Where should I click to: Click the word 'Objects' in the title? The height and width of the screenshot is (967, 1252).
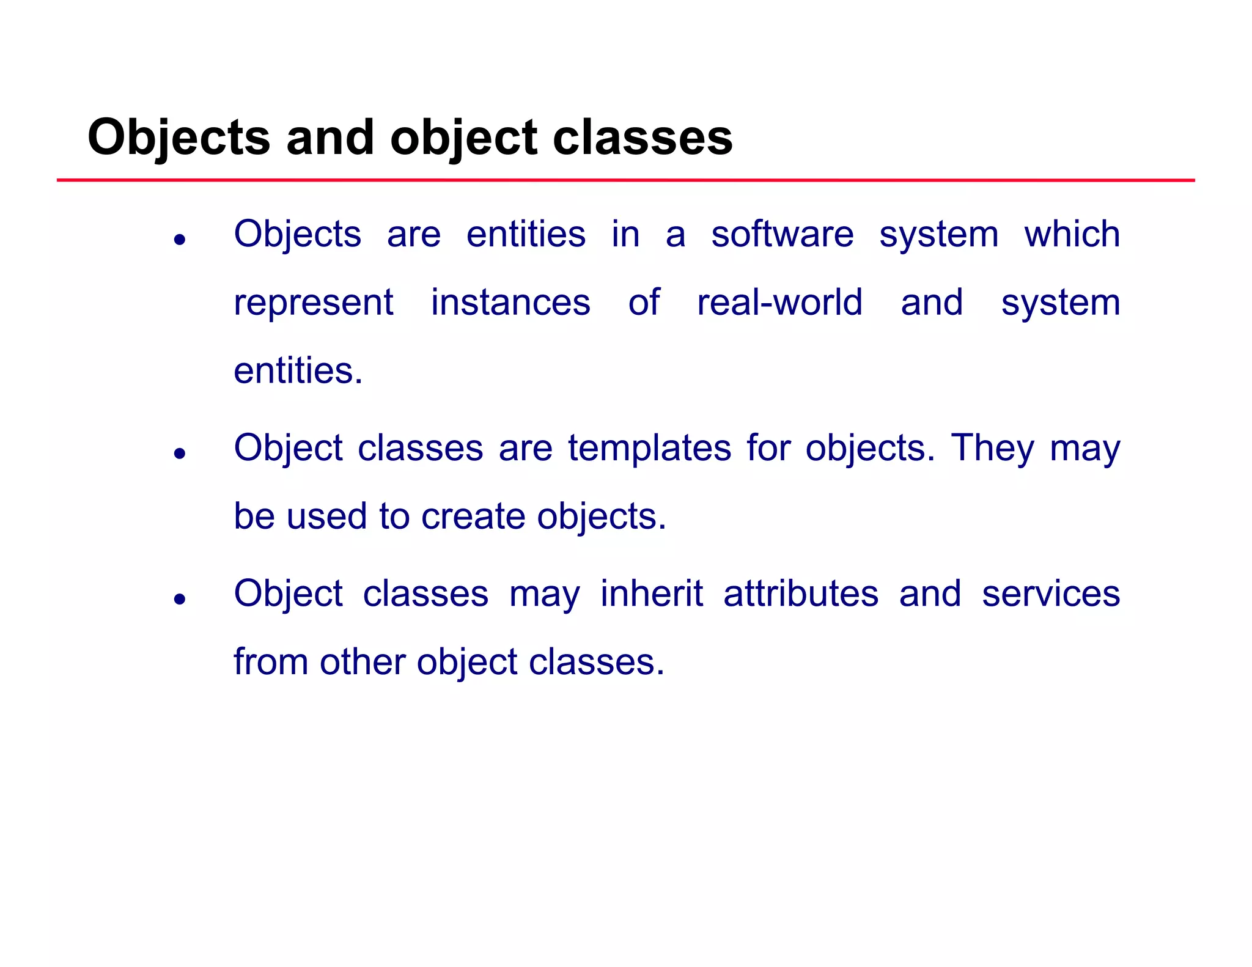click(179, 138)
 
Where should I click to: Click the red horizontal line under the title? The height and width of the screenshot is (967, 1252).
click(626, 180)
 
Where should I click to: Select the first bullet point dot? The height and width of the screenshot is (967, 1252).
click(179, 240)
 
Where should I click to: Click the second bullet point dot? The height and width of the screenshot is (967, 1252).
click(179, 454)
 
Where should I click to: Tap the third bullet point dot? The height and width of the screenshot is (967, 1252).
click(179, 599)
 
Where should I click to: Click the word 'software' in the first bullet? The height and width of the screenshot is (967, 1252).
click(782, 234)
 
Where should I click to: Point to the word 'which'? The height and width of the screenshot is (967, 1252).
click(1072, 234)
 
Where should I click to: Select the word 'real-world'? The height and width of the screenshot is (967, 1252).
click(779, 303)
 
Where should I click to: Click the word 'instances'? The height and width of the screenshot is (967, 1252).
click(510, 303)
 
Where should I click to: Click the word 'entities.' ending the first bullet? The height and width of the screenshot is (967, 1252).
click(298, 371)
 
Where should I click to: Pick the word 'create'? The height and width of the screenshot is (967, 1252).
click(473, 517)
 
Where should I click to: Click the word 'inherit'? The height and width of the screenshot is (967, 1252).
click(651, 594)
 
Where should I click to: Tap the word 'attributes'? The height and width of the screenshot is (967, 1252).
click(800, 594)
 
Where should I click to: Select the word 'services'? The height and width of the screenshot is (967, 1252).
click(1050, 594)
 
